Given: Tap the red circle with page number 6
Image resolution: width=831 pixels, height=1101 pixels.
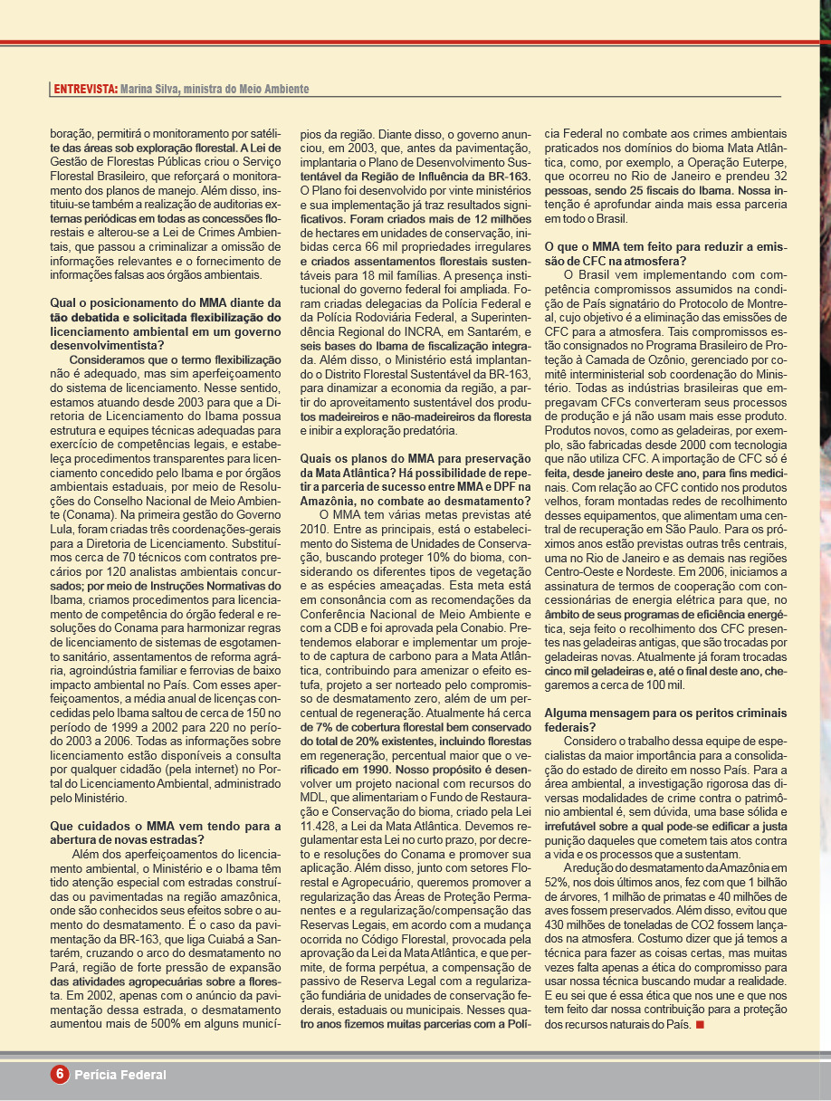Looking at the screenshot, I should pyautogui.click(x=60, y=1074).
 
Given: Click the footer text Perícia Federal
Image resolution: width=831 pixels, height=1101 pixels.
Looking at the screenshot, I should pyautogui.click(x=120, y=1075).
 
